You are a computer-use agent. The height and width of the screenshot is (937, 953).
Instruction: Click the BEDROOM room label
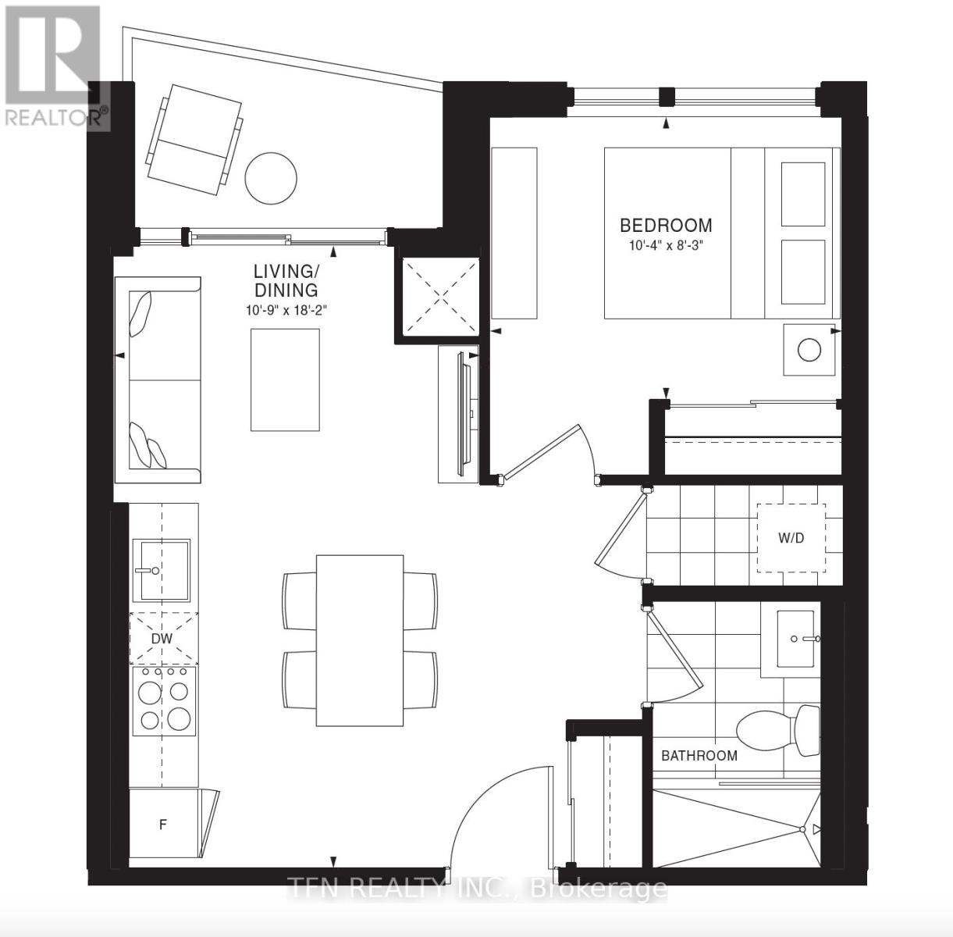tap(666, 226)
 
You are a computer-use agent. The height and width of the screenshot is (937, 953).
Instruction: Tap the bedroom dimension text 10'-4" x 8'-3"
tap(666, 244)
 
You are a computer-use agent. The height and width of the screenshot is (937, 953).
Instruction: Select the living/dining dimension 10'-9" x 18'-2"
tap(286, 310)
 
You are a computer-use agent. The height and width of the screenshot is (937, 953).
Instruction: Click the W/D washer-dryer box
tap(791, 538)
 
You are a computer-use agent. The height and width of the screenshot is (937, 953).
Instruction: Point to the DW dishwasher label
tap(162, 639)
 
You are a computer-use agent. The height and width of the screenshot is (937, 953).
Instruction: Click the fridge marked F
tap(163, 825)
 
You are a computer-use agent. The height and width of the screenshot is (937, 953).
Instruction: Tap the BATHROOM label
tap(699, 756)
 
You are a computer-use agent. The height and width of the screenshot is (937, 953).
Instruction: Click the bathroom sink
tap(796, 639)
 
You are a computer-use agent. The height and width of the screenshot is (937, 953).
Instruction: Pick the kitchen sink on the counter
tap(161, 570)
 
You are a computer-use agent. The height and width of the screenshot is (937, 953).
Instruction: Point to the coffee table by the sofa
tap(285, 379)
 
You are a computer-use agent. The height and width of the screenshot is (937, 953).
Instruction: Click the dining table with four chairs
tap(359, 640)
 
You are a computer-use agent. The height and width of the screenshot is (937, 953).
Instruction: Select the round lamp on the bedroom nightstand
tap(809, 349)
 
